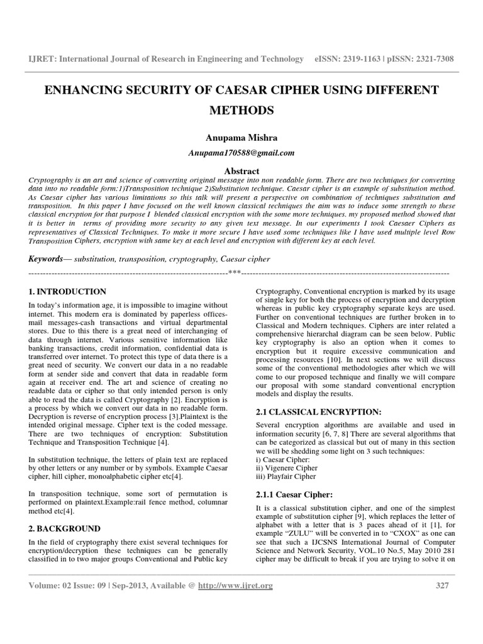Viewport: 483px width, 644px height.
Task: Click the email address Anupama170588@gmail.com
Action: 242,152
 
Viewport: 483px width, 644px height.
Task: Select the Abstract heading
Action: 242,170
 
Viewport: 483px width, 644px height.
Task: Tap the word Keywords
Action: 46,259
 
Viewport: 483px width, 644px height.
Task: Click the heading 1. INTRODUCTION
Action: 68,292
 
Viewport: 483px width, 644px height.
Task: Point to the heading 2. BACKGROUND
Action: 65,529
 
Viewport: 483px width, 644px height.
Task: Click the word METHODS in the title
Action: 242,111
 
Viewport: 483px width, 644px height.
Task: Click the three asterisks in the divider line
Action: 235,272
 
